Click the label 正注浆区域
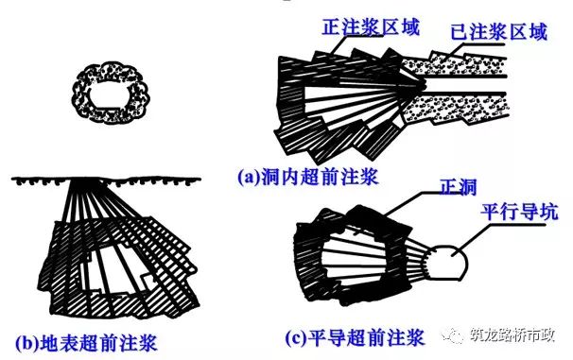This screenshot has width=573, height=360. point(371,26)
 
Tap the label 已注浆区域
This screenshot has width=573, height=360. point(498,32)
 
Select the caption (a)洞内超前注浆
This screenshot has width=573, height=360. point(307,178)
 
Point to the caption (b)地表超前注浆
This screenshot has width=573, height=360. point(86,343)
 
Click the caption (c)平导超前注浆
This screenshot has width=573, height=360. point(355,337)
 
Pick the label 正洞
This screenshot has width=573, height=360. point(459,187)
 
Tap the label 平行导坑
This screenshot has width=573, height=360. point(519,212)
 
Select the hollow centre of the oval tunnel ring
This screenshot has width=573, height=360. point(109,94)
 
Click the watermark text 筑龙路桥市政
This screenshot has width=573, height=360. point(512,335)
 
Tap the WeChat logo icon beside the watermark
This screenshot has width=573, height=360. point(453,335)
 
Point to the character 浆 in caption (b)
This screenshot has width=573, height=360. point(148,343)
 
